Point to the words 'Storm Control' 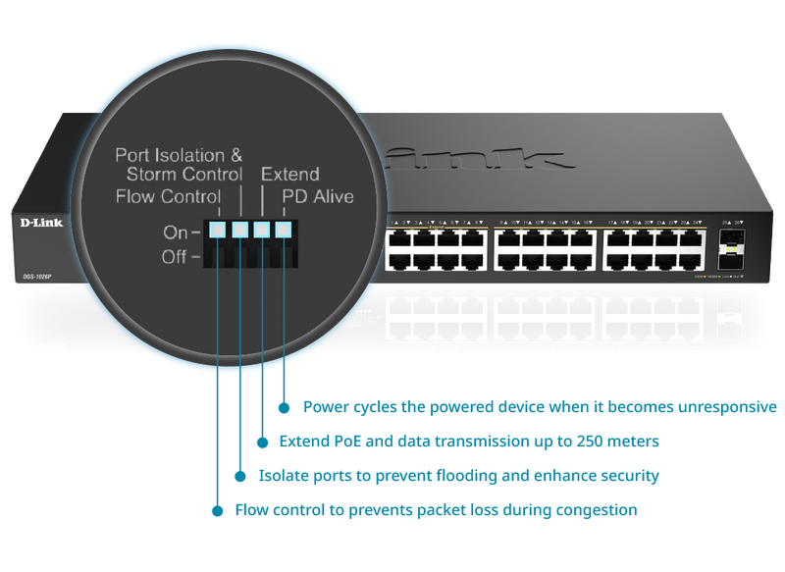point(184,175)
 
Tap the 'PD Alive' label point(318,197)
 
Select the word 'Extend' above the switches point(289,175)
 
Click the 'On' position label point(178,233)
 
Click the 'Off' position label point(178,257)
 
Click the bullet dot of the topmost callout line point(285,406)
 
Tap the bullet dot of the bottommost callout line point(216,510)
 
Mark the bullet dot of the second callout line point(262,442)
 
